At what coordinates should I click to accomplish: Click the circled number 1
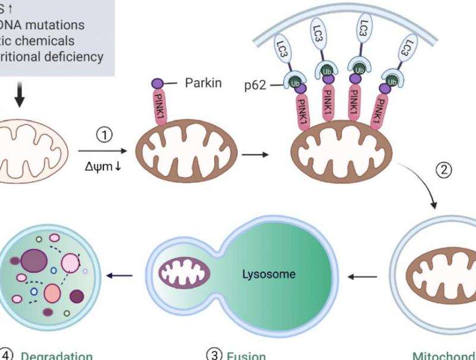(105, 136)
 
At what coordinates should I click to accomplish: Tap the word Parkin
(203, 83)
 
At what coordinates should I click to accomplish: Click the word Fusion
(245, 355)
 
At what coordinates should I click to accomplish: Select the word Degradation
(57, 355)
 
